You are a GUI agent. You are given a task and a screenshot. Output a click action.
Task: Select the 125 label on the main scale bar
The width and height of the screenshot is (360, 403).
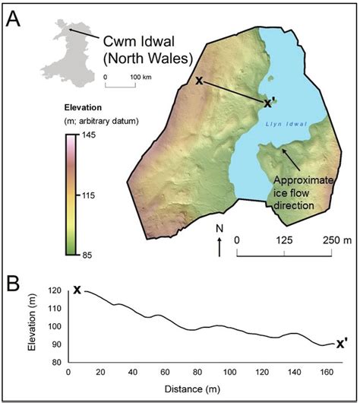point(284,240)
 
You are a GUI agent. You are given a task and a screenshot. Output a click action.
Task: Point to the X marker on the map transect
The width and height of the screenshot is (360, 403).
point(199,81)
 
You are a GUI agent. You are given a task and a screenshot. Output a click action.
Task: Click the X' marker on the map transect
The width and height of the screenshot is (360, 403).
point(269,101)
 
